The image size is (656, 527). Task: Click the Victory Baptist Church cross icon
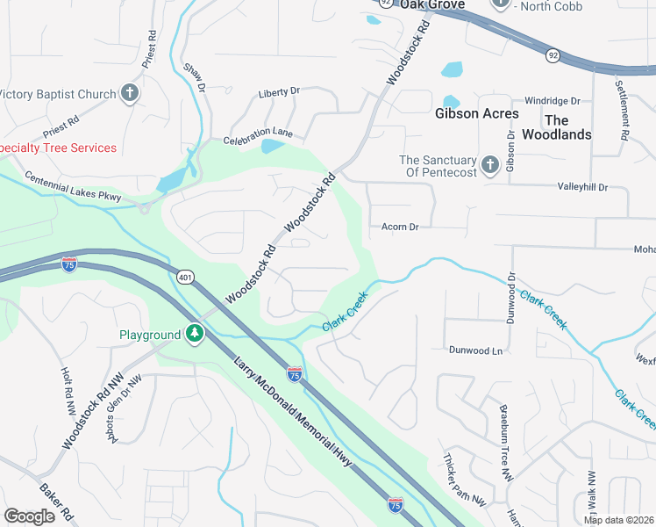tap(130, 94)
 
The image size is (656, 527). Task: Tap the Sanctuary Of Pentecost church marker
tap(489, 164)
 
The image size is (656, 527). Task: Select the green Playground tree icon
tap(194, 335)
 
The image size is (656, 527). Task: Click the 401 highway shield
tap(184, 278)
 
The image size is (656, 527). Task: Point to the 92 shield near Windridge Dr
tap(553, 54)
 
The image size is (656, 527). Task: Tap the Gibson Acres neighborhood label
tap(477, 113)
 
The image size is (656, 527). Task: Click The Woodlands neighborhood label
tap(556, 127)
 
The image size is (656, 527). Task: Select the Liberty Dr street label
tap(279, 91)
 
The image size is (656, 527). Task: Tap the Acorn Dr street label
tap(400, 227)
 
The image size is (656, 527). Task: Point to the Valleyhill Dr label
tap(582, 187)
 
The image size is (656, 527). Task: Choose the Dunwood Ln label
tap(476, 350)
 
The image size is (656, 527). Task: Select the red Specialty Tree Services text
tap(58, 148)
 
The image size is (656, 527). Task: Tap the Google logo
tap(29, 516)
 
